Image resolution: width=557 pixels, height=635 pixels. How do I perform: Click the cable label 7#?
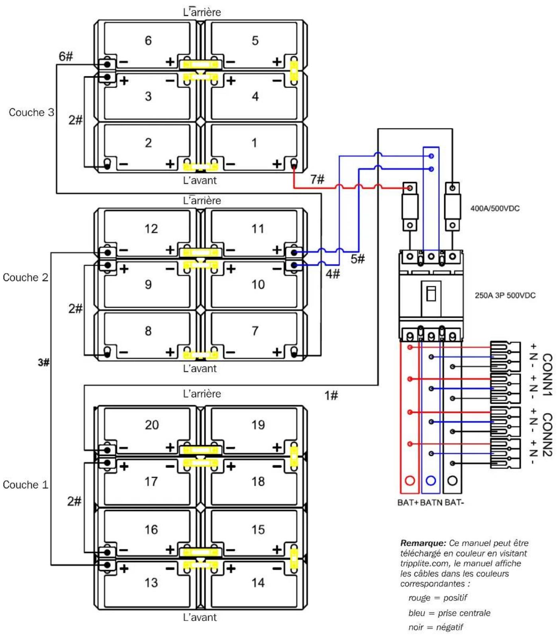[317, 179]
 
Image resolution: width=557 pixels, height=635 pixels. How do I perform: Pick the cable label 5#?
[357, 259]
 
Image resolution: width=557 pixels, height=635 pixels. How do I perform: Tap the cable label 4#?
[333, 274]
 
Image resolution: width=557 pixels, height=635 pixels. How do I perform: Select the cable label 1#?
[331, 395]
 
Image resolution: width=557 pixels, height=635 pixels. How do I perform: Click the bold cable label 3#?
[43, 362]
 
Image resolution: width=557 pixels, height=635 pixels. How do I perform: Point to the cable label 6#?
[66, 56]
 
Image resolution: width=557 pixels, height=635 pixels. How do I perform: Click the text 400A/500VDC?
[495, 208]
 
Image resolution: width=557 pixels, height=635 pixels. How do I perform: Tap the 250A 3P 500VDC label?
[505, 295]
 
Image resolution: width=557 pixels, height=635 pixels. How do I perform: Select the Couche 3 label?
[31, 112]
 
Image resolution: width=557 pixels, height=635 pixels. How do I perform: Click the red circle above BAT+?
[410, 481]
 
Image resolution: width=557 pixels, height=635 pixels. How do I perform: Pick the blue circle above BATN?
[431, 481]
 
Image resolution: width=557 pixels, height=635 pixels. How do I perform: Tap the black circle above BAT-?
[452, 481]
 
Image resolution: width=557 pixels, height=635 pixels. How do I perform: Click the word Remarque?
[423, 543]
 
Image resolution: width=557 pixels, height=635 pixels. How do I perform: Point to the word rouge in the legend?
[419, 598]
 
